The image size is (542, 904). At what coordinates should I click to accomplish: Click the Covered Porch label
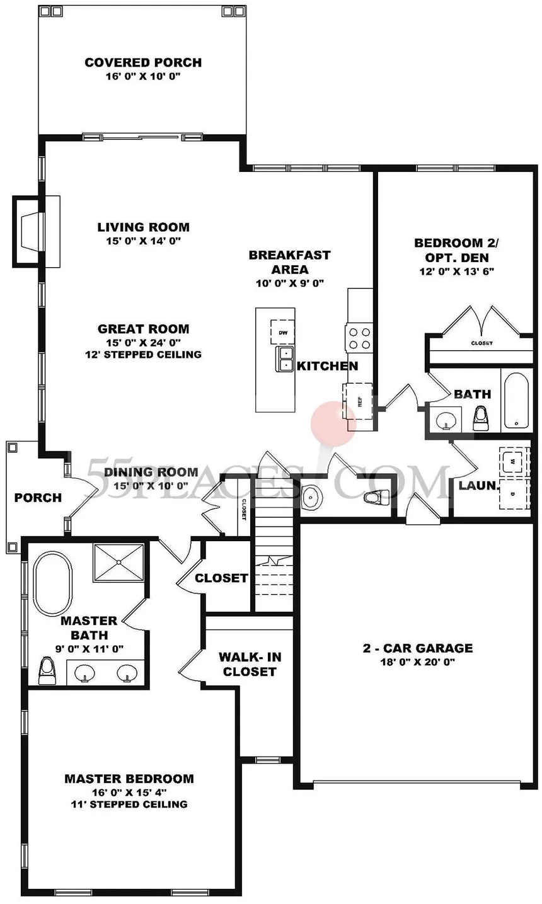coord(143,62)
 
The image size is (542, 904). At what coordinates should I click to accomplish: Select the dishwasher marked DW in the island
coord(282,333)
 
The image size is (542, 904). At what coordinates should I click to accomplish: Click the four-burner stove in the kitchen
coord(359,338)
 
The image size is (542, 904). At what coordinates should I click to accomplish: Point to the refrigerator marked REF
coord(358,401)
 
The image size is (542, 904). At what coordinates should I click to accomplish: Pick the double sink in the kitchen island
coord(285,359)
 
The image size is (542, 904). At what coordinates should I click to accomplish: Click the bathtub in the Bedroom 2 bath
coord(515,401)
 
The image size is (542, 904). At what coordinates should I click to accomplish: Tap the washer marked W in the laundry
coord(512,461)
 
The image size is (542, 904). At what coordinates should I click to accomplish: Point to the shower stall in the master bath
coord(118,562)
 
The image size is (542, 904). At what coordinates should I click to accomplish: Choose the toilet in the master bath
coord(47,670)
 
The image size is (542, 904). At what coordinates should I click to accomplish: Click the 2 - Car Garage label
coord(418,648)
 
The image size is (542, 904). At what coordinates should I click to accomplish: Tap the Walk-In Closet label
coord(250,664)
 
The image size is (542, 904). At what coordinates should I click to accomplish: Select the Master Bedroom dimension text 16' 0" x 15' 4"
coord(129,792)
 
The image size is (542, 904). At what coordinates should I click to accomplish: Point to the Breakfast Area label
coord(289,262)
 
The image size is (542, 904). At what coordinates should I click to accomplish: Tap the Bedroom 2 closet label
coord(482,343)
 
